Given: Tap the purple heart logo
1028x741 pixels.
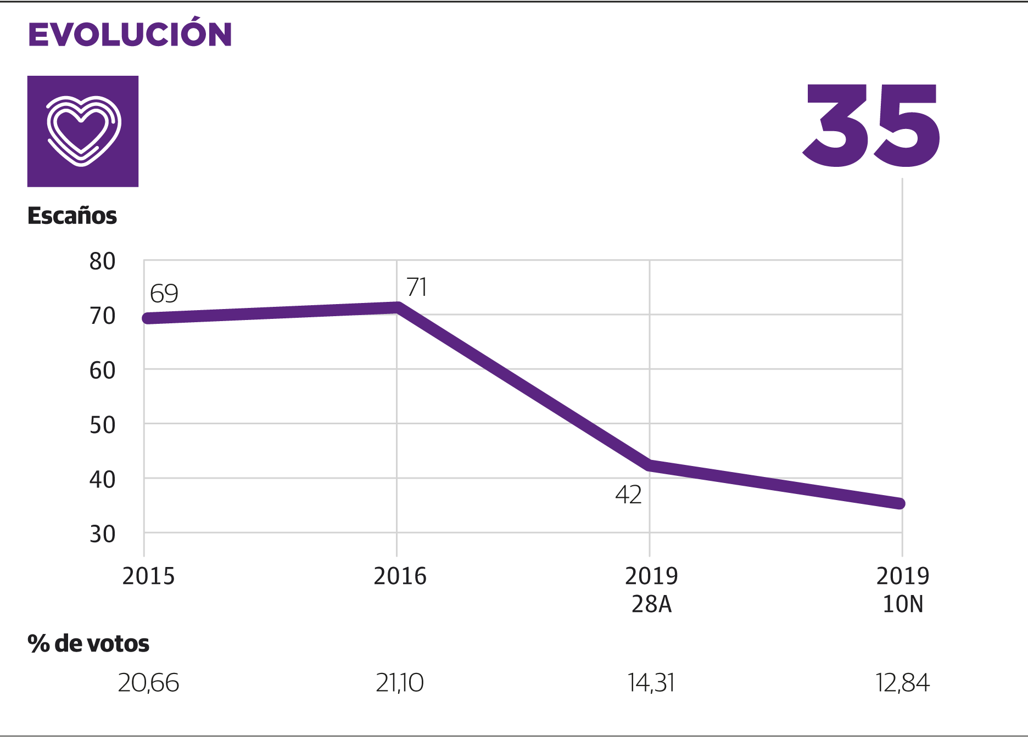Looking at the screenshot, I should click(83, 131).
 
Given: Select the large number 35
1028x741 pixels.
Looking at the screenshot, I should click(872, 126).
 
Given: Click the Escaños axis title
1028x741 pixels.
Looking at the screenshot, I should click(72, 216).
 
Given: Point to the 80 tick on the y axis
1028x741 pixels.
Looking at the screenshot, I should click(103, 262).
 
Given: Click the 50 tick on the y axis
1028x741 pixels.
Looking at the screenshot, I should click(103, 425).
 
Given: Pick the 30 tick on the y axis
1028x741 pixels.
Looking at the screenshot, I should click(103, 534).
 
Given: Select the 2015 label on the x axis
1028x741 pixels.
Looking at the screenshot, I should click(148, 576).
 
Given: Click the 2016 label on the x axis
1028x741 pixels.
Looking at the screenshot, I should click(400, 576).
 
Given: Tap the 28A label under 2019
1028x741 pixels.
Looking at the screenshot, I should click(651, 604).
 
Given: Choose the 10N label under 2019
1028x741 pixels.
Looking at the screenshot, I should click(903, 604).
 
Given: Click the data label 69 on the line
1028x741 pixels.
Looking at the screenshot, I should click(164, 294).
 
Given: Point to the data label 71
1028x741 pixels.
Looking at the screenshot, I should click(417, 287).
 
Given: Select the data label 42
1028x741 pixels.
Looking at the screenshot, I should click(628, 495).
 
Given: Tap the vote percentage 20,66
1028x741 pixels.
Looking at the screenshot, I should click(148, 683).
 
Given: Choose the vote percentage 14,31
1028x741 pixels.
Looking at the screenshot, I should click(651, 683).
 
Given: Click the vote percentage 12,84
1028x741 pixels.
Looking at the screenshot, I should click(902, 683).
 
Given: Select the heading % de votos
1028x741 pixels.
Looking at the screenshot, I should click(88, 643).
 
